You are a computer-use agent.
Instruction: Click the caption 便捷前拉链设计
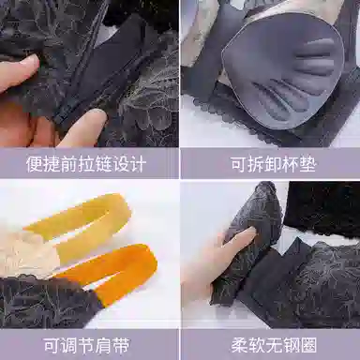coord(86,164)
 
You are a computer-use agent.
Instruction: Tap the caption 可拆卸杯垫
coord(273,164)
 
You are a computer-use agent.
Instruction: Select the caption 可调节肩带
coord(86,345)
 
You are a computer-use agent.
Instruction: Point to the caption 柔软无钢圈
coord(274,345)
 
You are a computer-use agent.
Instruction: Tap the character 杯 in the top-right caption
coord(290,164)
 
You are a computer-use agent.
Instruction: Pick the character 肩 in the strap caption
coord(103,345)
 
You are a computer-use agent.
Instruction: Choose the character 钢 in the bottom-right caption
coord(292,345)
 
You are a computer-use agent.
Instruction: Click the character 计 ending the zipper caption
coord(138,164)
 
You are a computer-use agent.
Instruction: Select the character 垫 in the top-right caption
coord(307,164)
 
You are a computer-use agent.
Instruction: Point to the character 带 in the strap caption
coord(120,345)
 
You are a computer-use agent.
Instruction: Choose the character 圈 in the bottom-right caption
coord(308,345)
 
